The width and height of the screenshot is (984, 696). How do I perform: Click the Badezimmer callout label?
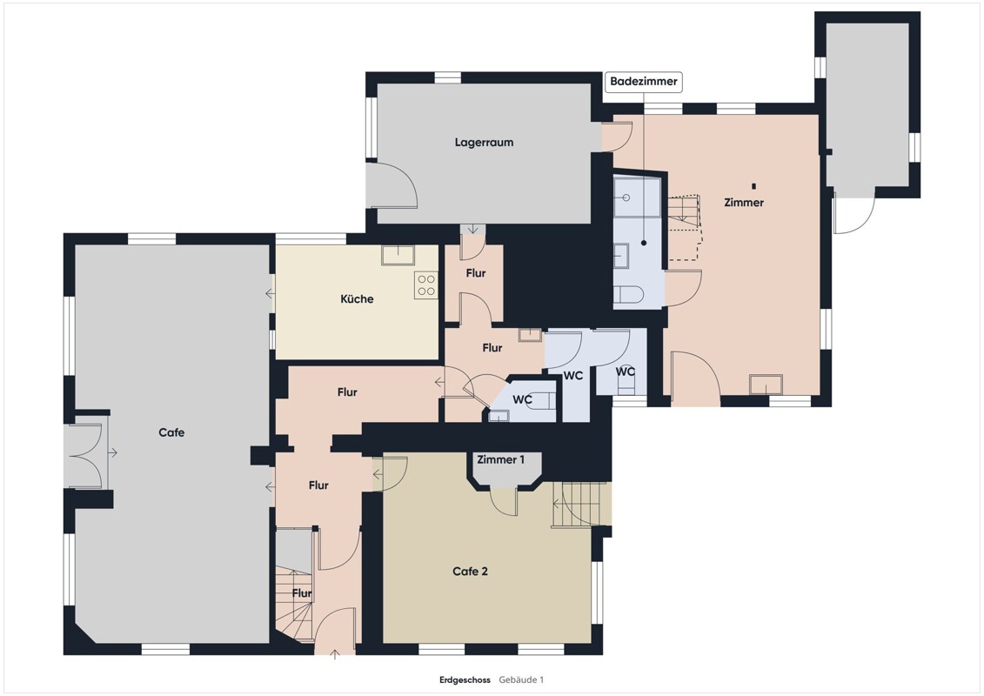[643, 82]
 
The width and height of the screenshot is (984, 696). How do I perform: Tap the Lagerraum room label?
[484, 143]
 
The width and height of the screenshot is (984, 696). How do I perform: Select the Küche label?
[357, 298]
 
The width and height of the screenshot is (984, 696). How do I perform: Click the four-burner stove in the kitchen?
[426, 285]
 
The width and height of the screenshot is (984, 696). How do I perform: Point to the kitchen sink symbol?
[398, 255]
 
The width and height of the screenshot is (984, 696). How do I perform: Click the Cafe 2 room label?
[470, 571]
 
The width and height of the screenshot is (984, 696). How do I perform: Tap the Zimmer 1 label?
[501, 459]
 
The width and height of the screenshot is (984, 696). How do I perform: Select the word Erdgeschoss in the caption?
[465, 679]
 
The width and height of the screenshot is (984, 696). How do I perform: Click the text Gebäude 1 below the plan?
[521, 679]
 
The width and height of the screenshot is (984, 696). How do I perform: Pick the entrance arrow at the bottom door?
[335, 654]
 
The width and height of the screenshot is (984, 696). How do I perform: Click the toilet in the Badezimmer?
[629, 294]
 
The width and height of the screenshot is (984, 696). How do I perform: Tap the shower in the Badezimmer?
[637, 197]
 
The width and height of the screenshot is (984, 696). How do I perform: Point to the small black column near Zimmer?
[753, 186]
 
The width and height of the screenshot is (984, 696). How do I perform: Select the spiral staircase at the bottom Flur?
[294, 604]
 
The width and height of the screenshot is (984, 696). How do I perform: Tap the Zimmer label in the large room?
[744, 202]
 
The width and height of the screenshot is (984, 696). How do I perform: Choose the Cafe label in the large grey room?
[171, 432]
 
